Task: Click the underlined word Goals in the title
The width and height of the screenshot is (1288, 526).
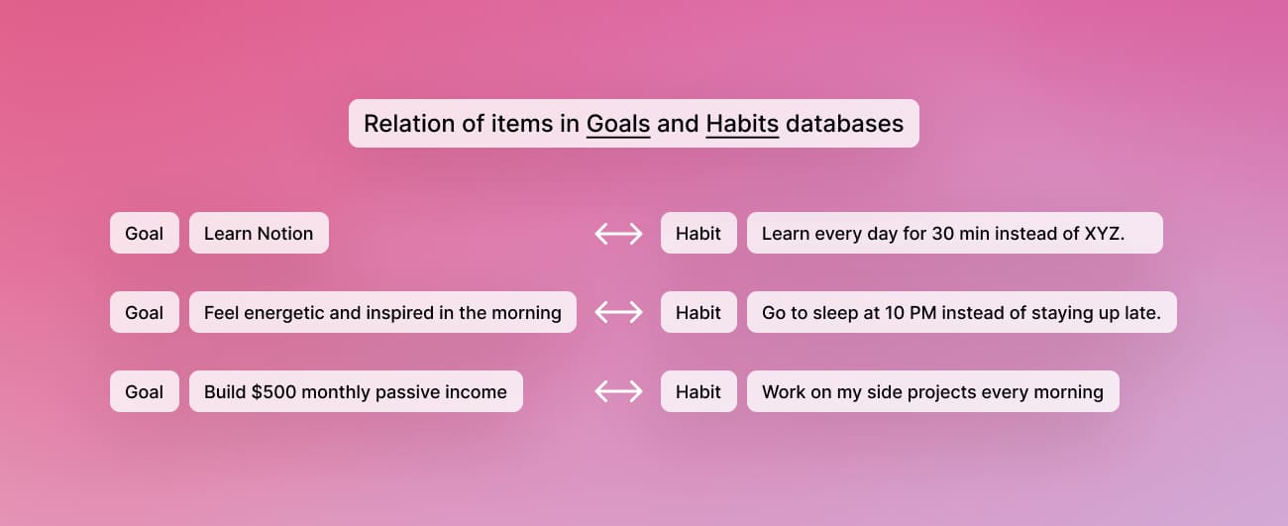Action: [x=618, y=124]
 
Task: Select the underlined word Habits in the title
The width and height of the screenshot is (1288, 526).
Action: [x=742, y=124]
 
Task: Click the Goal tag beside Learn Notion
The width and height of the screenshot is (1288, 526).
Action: [x=145, y=234]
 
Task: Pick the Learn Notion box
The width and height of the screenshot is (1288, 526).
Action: [x=259, y=234]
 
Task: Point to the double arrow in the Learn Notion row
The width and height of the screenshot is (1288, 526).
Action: [x=618, y=234]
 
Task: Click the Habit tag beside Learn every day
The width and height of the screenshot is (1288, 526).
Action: [x=698, y=234]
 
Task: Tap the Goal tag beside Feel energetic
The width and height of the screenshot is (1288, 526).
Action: [x=145, y=313]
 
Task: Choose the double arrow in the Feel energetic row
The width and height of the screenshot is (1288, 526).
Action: [x=618, y=313]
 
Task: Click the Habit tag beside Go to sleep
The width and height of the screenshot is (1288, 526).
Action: [x=698, y=313]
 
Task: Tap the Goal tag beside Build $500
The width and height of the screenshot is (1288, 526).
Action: [x=145, y=392]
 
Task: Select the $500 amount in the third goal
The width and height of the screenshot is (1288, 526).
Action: [x=273, y=392]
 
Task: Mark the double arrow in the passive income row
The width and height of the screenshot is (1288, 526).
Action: [x=618, y=392]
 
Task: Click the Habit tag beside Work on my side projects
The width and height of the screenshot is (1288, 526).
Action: [x=698, y=392]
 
